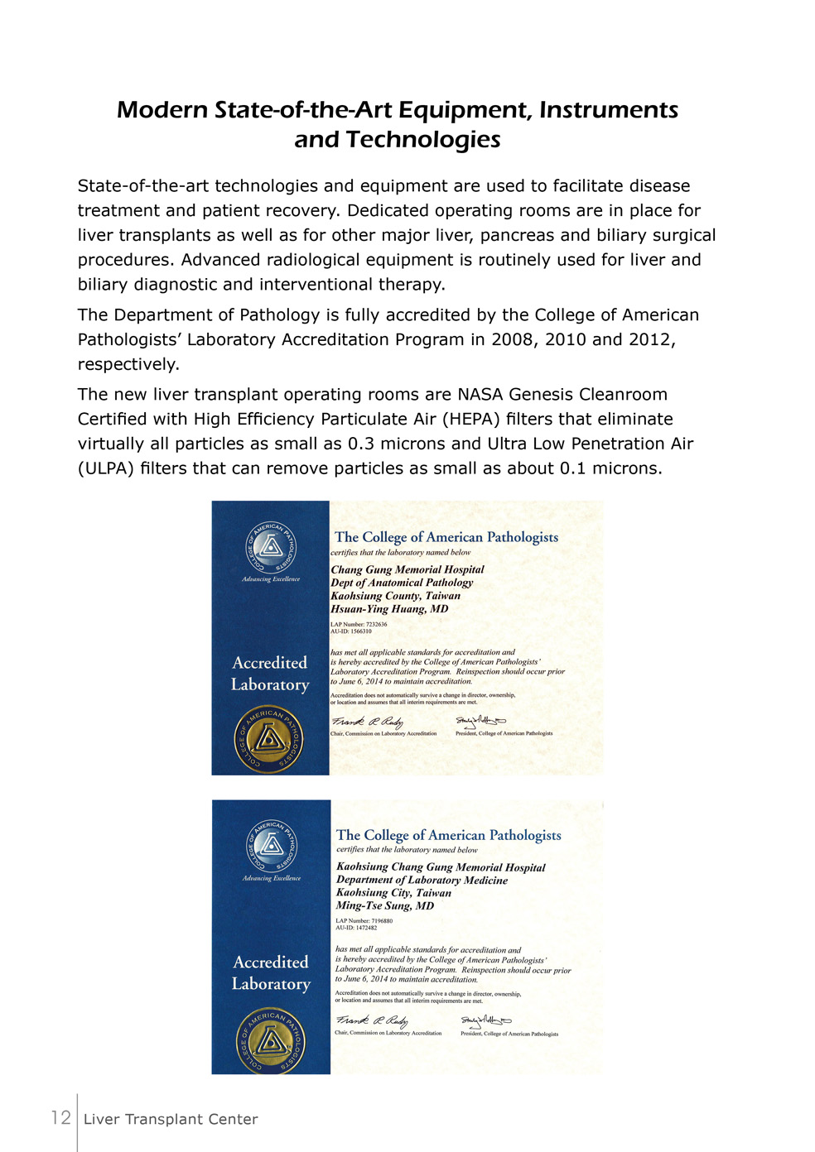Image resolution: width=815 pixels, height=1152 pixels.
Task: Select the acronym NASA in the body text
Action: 480,395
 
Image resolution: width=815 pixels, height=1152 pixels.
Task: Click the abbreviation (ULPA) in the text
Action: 107,468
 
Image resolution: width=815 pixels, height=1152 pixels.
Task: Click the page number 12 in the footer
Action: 60,1118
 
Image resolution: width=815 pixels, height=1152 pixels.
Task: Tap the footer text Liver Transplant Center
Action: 171,1120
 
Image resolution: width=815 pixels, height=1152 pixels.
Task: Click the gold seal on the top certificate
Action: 269,738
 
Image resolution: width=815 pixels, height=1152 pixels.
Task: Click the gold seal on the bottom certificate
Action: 271,1040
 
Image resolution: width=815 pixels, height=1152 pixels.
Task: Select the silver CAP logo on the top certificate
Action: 269,547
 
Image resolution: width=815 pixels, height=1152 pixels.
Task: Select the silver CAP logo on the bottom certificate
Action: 271,846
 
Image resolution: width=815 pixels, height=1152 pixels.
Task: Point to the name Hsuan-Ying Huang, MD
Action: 389,609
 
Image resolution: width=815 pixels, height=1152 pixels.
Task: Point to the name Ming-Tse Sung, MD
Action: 384,906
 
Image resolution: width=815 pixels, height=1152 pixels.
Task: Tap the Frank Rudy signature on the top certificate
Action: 368,722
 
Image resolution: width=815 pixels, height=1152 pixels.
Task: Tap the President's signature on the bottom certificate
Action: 486,1022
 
